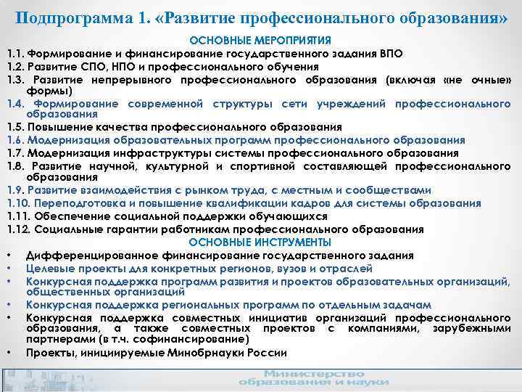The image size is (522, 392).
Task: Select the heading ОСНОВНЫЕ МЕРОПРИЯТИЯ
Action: (260, 41)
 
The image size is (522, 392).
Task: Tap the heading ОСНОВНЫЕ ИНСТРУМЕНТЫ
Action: (260, 242)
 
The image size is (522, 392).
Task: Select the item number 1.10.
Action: (19, 203)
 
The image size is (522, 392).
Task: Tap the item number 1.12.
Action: (19, 229)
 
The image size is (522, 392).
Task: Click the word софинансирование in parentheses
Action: (193, 339)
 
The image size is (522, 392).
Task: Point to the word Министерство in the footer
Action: (304, 372)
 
